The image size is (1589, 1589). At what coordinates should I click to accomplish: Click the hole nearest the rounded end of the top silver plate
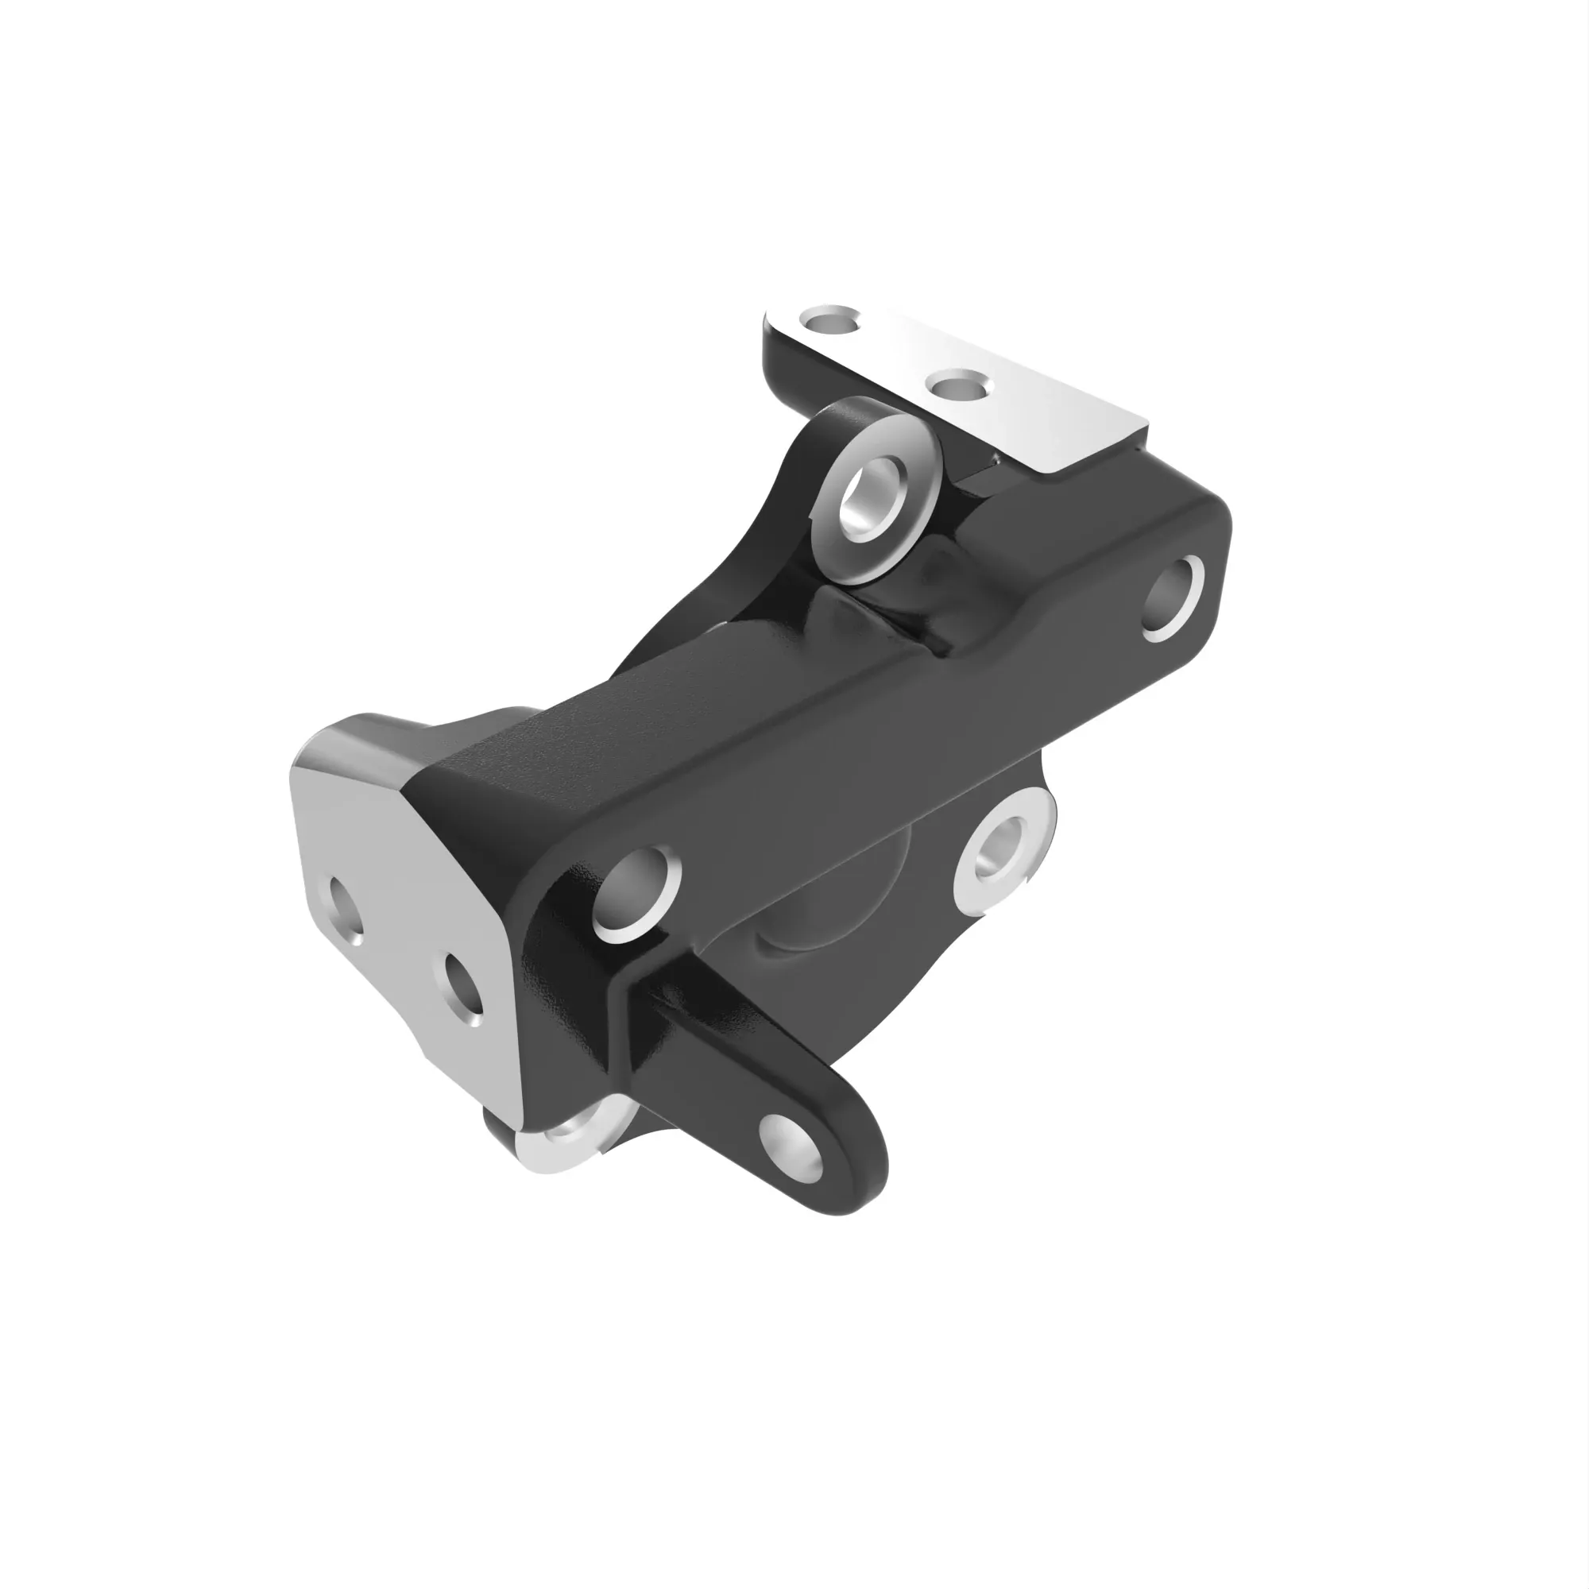point(831,321)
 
